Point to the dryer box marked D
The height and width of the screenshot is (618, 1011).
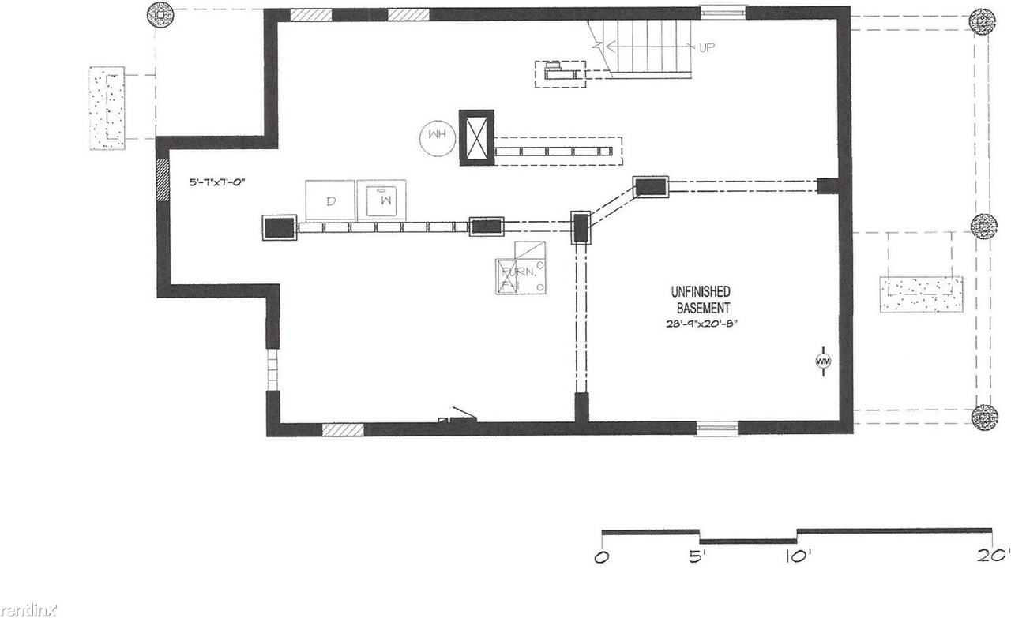point(330,200)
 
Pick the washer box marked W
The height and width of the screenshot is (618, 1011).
point(381,200)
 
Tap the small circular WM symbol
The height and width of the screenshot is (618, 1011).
point(822,361)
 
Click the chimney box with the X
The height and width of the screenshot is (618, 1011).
point(476,138)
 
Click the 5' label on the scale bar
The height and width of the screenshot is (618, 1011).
point(697,556)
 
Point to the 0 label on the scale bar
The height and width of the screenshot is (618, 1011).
point(603,556)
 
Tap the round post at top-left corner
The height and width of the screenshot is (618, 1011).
point(161,13)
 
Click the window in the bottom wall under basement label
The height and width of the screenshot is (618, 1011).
point(717,429)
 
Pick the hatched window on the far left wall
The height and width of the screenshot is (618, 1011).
point(163,179)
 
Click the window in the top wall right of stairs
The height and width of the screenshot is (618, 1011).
point(723,12)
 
